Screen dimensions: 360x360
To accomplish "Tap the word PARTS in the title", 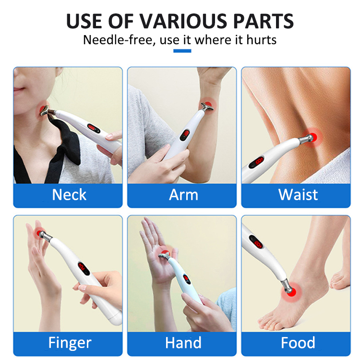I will (x=260, y=22).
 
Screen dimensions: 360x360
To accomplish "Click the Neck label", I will (x=69, y=195).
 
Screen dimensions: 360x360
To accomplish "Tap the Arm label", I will (x=183, y=195).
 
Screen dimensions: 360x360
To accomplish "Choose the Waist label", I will (x=298, y=195).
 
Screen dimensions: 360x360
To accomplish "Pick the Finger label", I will (x=69, y=343).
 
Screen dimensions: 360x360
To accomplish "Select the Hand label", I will (x=183, y=343).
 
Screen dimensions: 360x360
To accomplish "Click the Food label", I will (x=298, y=343).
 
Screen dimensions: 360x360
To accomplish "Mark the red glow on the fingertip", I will (x=38, y=231).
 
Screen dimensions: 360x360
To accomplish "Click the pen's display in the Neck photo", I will (x=93, y=129).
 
